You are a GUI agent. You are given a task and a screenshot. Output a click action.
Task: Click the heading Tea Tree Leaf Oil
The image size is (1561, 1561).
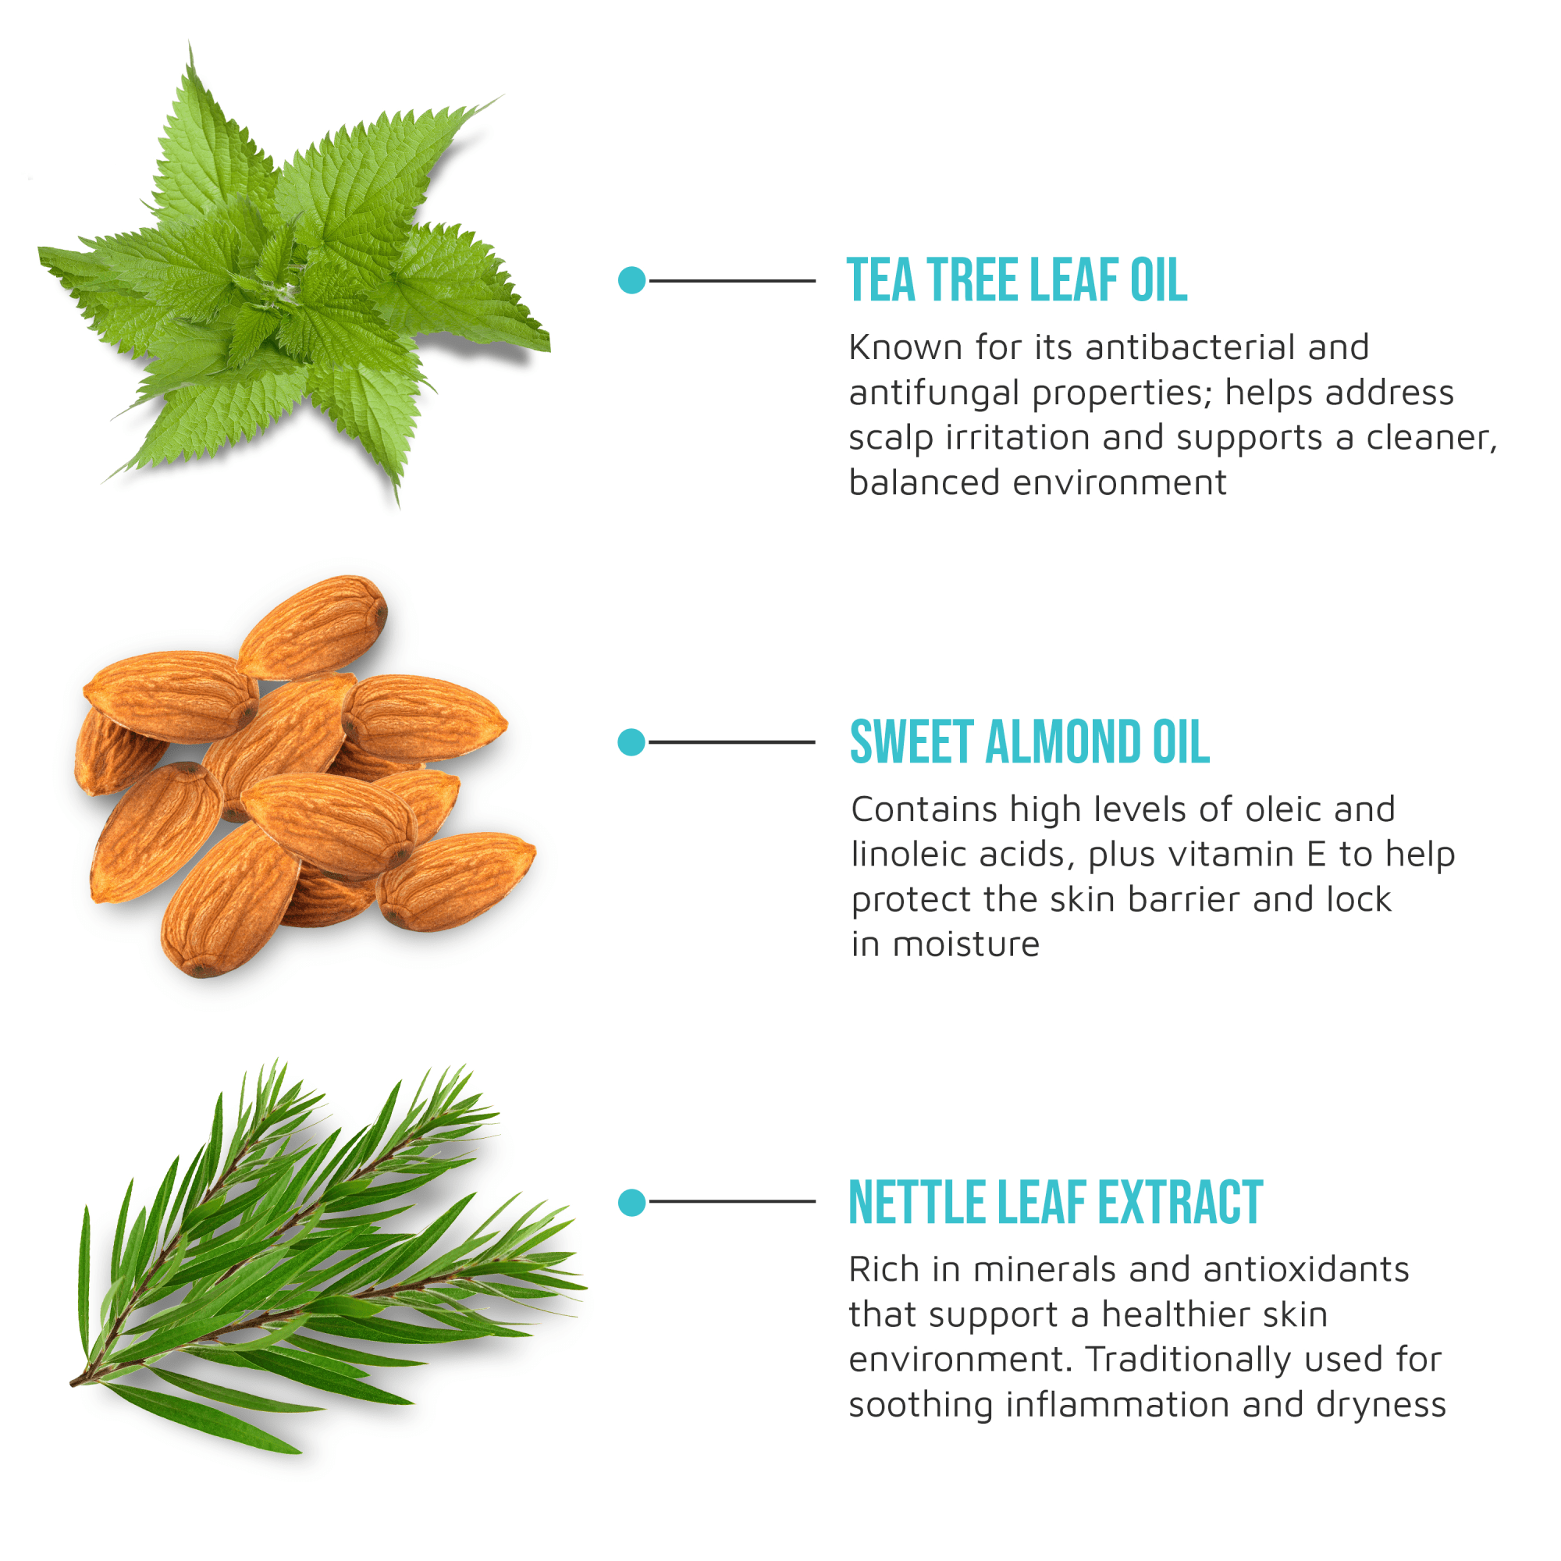(1016, 280)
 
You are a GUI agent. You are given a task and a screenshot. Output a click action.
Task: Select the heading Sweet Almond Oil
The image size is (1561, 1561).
(1029, 741)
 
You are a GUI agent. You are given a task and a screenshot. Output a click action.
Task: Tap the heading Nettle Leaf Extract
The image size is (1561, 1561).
(1055, 1202)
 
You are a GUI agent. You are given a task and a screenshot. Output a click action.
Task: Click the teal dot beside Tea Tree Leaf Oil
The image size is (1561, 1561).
(632, 280)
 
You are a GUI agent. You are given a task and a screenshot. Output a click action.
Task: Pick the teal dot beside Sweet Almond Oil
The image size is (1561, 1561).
(631, 741)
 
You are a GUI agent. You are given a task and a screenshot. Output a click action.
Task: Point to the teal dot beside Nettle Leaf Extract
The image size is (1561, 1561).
(632, 1202)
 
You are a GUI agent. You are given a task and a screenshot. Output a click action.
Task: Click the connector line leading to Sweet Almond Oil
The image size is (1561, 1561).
(731, 741)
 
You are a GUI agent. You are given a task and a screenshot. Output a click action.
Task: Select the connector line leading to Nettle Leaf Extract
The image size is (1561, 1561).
(731, 1202)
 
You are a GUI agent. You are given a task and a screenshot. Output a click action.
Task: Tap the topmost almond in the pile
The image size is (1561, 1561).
(314, 627)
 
